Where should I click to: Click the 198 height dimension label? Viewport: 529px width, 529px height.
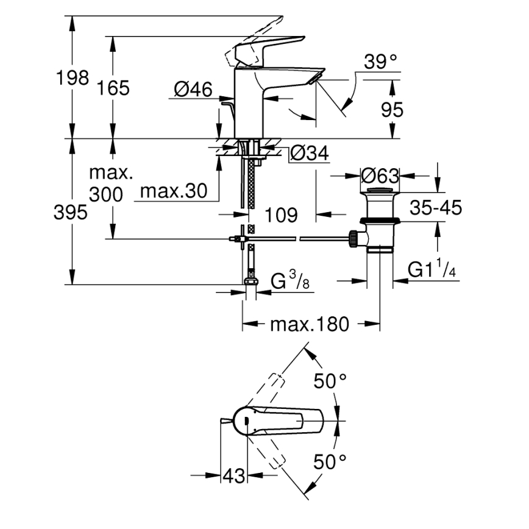pyautogui.click(x=73, y=78)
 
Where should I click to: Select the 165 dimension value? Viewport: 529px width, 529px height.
pyautogui.click(x=113, y=88)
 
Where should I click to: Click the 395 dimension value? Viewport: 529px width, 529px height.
pyautogui.click(x=69, y=212)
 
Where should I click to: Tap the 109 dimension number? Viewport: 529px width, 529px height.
pyautogui.click(x=282, y=215)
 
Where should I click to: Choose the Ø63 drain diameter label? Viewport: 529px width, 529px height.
pyautogui.click(x=379, y=176)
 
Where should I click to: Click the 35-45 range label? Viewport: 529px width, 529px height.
pyautogui.click(x=435, y=207)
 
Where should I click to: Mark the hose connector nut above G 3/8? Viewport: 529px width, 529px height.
pyautogui.click(x=249, y=282)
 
